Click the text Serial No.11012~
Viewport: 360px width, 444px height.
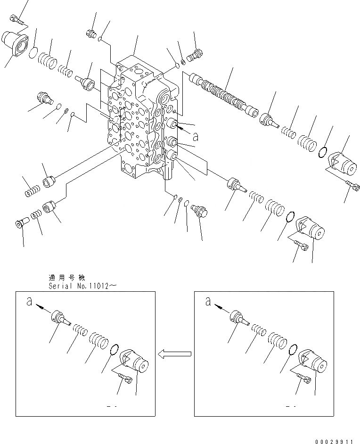click(80, 286)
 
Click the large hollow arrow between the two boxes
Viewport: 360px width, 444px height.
click(174, 354)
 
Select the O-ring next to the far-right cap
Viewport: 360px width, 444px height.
click(323, 152)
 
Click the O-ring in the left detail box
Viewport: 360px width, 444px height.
click(114, 351)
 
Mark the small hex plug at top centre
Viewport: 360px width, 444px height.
click(91, 33)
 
